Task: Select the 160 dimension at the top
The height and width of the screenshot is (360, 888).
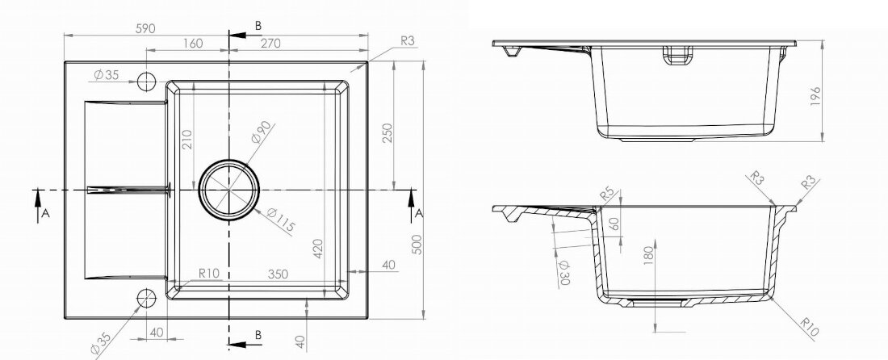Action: point(192,43)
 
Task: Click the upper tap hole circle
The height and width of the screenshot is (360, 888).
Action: point(146,81)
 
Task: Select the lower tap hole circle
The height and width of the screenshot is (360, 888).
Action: point(146,297)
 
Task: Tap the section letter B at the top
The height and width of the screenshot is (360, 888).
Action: point(258,26)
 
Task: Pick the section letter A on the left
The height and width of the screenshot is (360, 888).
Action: point(45,213)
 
